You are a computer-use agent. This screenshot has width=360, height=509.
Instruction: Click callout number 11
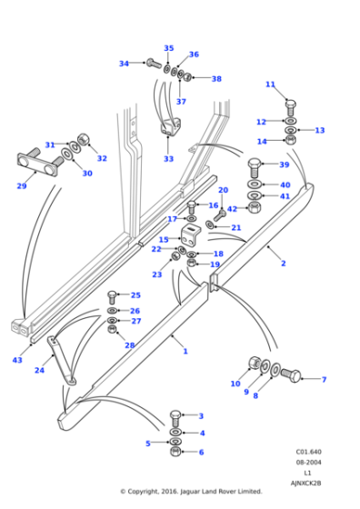pyautogui.click(x=270, y=85)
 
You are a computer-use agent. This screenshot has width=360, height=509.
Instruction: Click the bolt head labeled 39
pyautogui.click(x=255, y=166)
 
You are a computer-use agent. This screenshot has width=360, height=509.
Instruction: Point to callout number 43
pyautogui.click(x=16, y=361)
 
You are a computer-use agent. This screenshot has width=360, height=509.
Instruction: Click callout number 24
pyautogui.click(x=39, y=371)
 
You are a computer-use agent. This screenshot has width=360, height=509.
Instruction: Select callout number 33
pyautogui.click(x=168, y=159)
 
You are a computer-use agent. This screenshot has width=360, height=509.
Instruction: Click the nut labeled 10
pyautogui.click(x=255, y=364)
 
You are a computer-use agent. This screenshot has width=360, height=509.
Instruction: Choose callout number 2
pyautogui.click(x=283, y=264)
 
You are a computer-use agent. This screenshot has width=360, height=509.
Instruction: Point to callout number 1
pyautogui.click(x=185, y=351)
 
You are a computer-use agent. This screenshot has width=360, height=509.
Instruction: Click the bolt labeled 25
pyautogui.click(x=113, y=295)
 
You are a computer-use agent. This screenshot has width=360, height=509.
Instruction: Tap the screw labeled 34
pyautogui.click(x=152, y=64)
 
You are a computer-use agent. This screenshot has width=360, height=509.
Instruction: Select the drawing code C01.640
pyautogui.click(x=307, y=451)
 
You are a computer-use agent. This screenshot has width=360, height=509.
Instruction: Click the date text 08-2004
pyautogui.click(x=307, y=462)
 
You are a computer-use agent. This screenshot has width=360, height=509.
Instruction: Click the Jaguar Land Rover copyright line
pyautogui.click(x=191, y=492)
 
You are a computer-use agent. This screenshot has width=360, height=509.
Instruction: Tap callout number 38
pyautogui.click(x=216, y=79)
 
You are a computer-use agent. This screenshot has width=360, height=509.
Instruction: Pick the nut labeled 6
pyautogui.click(x=175, y=452)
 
